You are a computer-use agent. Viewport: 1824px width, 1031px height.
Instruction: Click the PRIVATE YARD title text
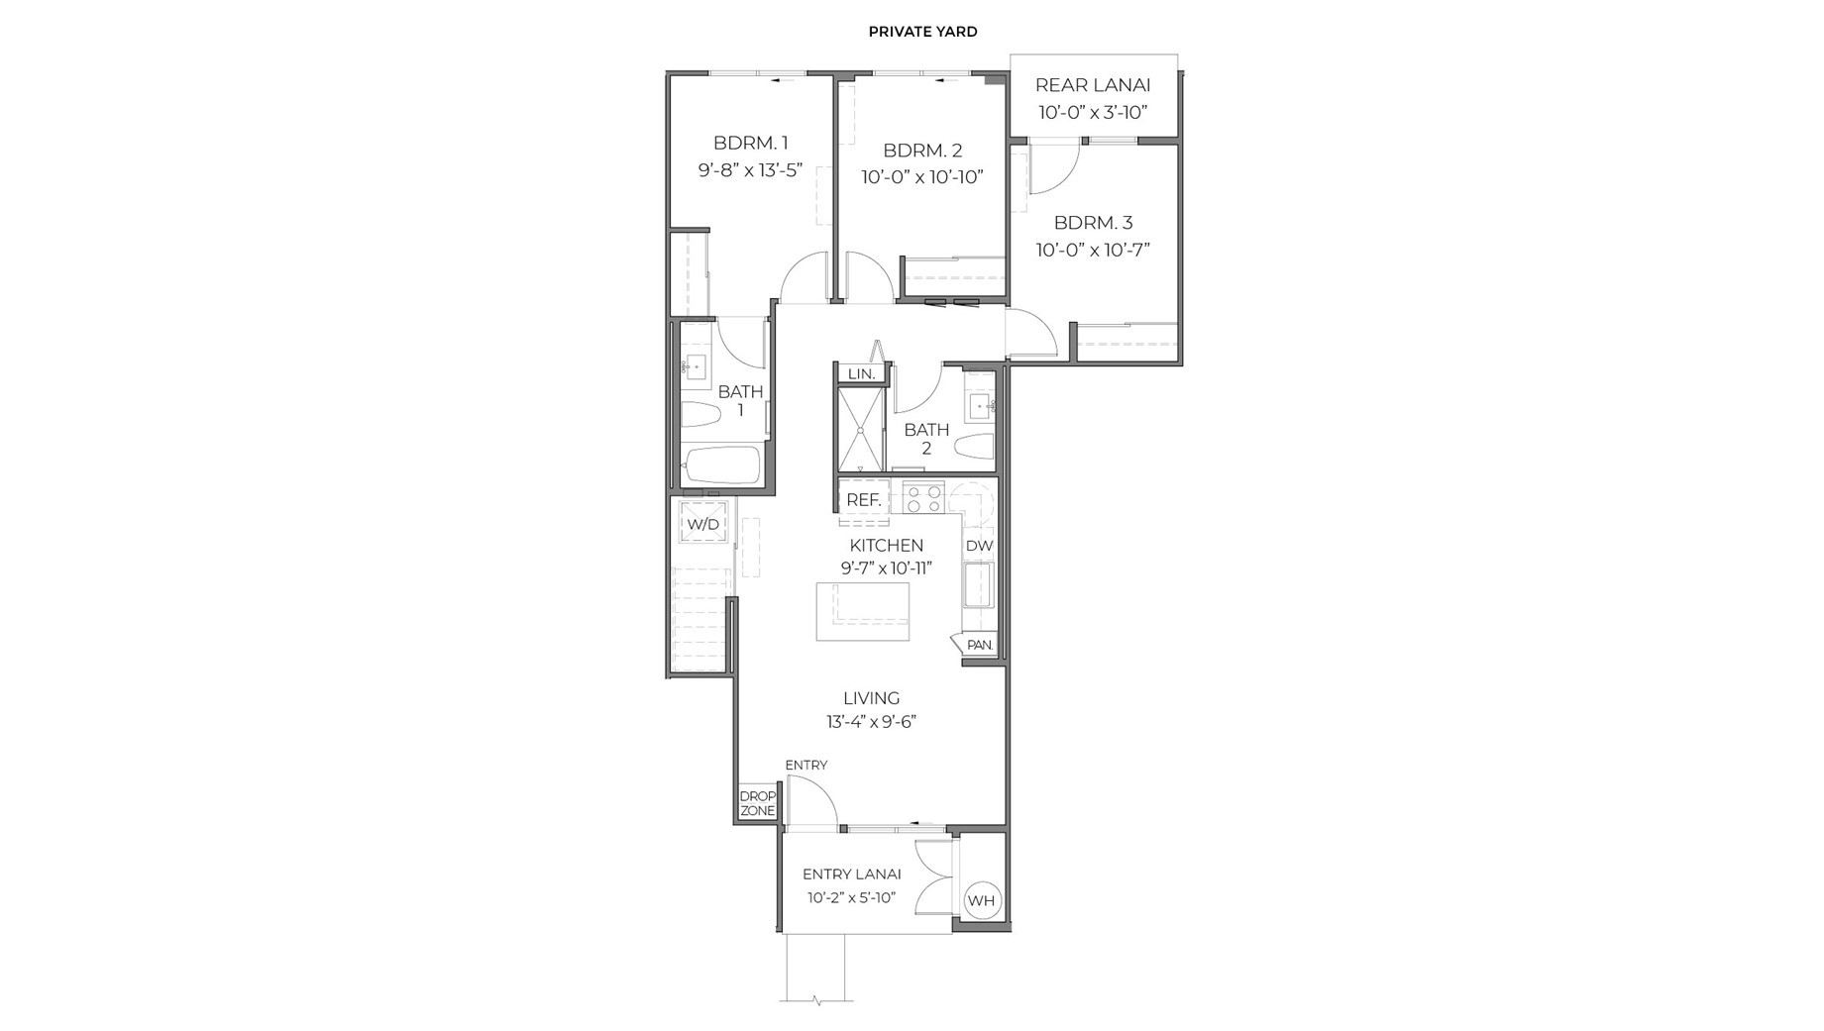point(922,32)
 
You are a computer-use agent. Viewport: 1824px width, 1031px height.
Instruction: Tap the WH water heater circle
point(981,900)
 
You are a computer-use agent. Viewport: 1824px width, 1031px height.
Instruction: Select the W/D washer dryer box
point(703,524)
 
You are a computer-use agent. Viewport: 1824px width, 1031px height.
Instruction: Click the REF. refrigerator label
point(864,500)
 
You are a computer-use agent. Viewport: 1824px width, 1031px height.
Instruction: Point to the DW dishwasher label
point(979,546)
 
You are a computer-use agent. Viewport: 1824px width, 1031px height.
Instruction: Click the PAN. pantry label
point(979,645)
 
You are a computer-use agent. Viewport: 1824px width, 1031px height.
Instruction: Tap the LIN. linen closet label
point(861,373)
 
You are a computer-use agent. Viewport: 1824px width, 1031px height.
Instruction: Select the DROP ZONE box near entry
point(758,803)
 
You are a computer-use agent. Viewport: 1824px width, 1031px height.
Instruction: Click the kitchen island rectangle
point(862,611)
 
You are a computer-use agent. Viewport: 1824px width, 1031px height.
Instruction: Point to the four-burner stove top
point(923,497)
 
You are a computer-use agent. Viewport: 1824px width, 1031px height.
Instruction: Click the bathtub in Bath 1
point(721,464)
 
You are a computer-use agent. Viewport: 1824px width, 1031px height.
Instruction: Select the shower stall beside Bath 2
point(860,430)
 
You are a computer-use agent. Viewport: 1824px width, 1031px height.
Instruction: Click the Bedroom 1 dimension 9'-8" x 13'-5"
point(750,169)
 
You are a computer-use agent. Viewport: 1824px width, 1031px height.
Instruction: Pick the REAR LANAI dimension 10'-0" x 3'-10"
point(1093,112)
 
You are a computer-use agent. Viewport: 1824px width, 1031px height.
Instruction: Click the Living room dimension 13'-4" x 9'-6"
point(871,722)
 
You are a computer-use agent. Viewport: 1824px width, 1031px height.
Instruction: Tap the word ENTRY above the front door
point(805,765)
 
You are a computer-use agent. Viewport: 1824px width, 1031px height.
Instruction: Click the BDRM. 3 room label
point(1093,223)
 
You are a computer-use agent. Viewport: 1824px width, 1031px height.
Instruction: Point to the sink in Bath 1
point(696,366)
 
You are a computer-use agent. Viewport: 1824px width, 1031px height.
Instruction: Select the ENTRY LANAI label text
point(851,874)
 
